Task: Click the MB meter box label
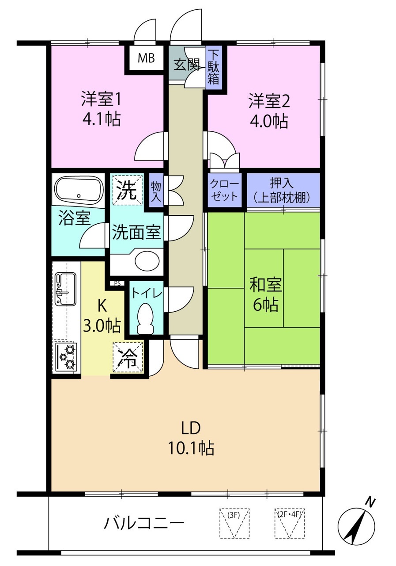click(x=146, y=58)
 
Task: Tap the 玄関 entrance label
click(x=187, y=65)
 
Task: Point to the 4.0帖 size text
click(x=269, y=121)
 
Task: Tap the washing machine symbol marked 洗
click(x=128, y=190)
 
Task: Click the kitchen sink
click(x=65, y=289)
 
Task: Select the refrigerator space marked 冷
click(x=128, y=357)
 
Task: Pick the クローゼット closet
click(x=224, y=190)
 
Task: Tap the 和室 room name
click(x=265, y=286)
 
